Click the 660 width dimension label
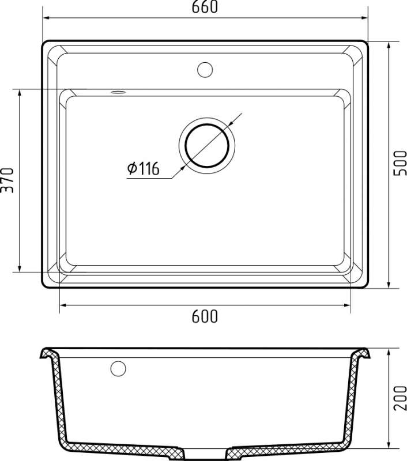coord(205,7)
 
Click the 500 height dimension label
coord(400,163)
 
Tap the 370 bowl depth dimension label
coord(7,180)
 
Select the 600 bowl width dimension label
coord(205,316)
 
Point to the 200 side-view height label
coord(400,398)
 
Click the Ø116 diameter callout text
coord(143,168)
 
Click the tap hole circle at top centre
coord(205,70)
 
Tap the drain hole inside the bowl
coord(207,146)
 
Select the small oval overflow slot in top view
coord(118,92)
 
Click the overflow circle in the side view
coord(118,368)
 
